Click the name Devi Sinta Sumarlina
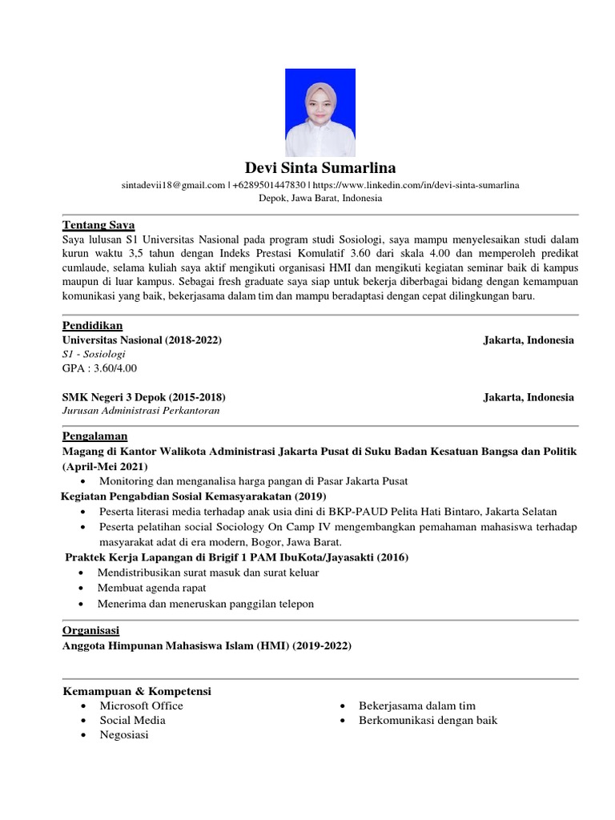click(319, 168)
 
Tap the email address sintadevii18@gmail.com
click(173, 185)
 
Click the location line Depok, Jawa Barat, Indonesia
click(319, 199)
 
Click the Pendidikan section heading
click(92, 327)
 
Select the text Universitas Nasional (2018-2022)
click(142, 340)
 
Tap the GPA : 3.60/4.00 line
click(99, 368)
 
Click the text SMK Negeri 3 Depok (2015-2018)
click(143, 397)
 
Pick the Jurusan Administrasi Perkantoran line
click(140, 411)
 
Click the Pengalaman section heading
click(94, 436)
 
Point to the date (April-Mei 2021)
click(105, 466)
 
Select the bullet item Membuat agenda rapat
click(151, 589)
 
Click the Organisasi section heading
click(90, 631)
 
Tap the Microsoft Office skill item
click(141, 705)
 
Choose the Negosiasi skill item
click(124, 734)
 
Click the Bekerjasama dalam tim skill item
click(417, 705)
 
